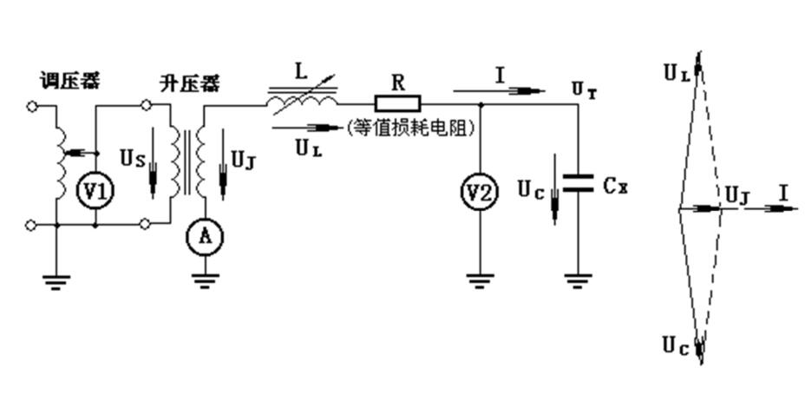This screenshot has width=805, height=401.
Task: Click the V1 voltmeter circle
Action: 95,193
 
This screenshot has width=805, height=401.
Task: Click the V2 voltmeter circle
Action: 479,193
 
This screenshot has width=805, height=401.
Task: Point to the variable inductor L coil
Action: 302,103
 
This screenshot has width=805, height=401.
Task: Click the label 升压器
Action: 189,84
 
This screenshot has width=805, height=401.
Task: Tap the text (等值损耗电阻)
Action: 415,128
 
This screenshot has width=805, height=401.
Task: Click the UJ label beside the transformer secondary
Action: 244,161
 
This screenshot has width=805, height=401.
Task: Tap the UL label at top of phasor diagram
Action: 677,73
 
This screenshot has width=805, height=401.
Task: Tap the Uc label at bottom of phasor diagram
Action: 677,345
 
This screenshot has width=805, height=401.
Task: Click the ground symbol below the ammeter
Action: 206,280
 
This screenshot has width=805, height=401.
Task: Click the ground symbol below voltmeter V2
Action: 479,279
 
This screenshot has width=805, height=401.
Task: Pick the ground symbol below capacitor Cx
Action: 578,279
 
